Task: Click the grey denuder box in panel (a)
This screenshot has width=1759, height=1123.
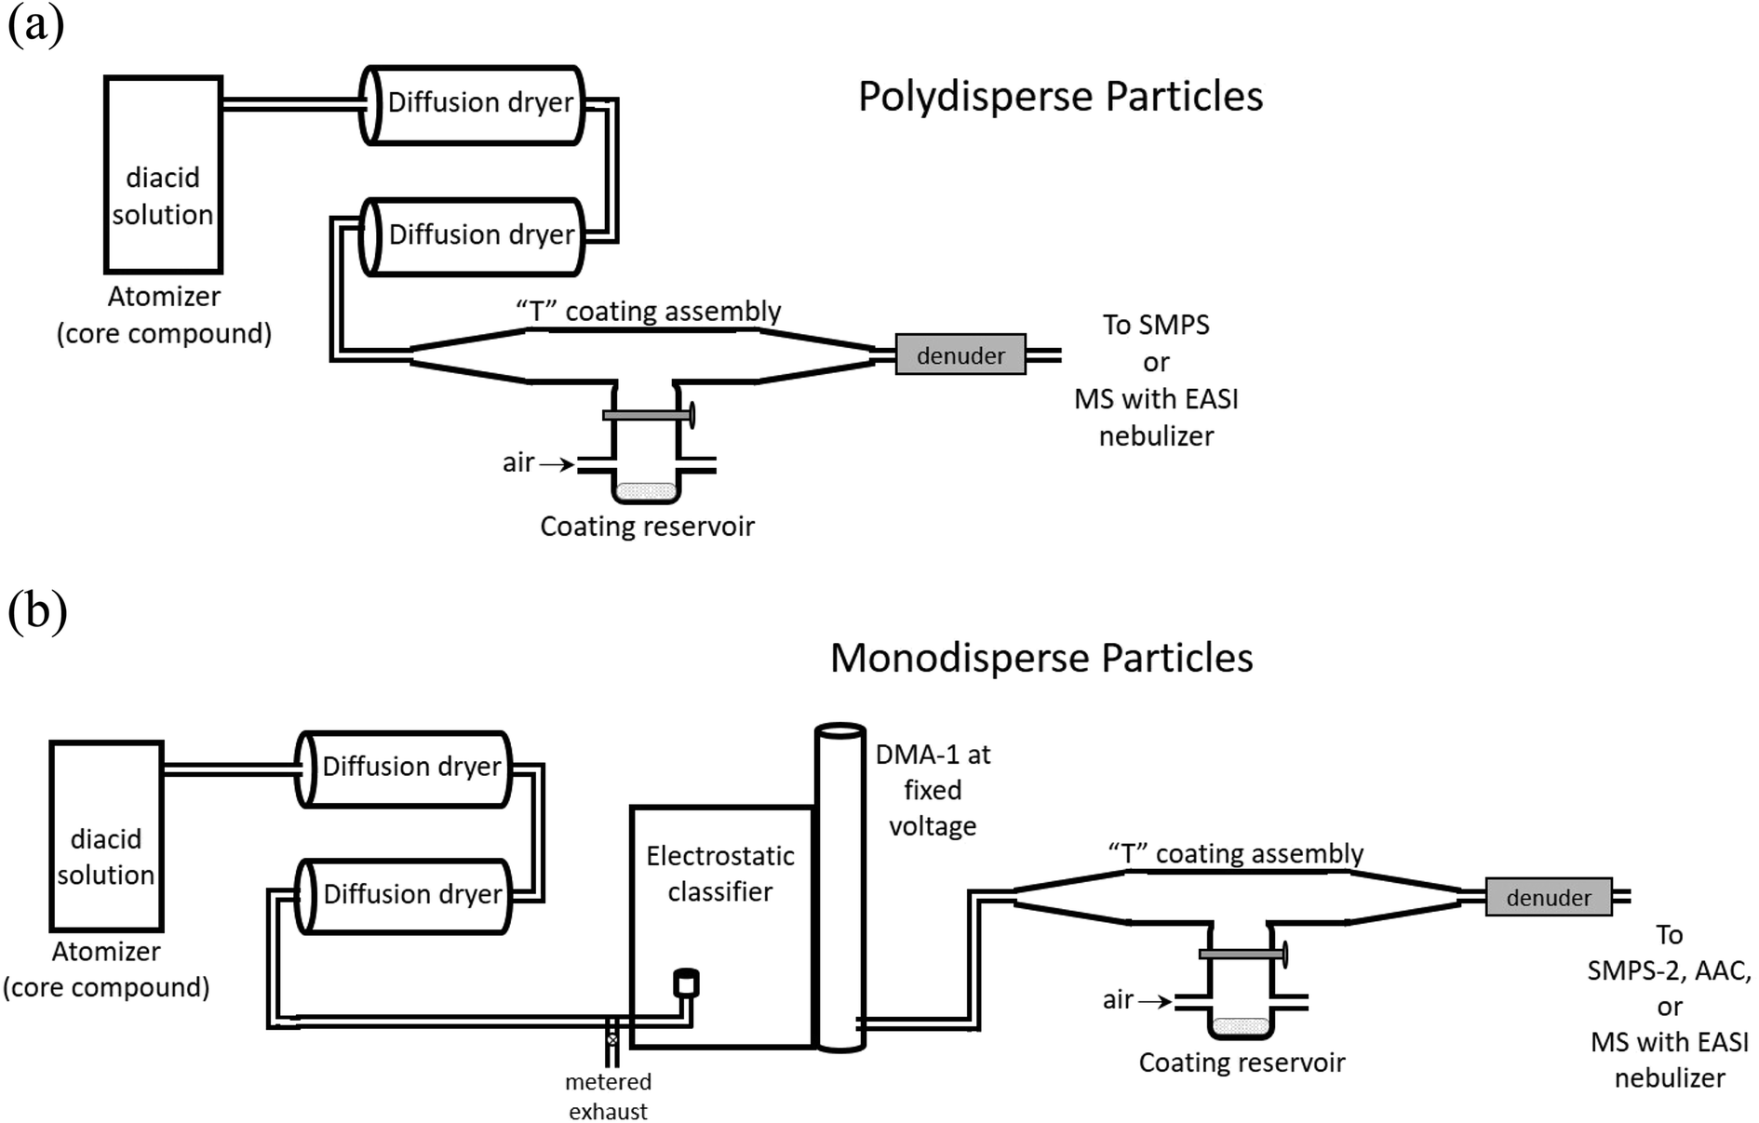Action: [x=960, y=354]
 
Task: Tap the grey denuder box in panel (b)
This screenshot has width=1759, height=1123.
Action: [x=1549, y=897]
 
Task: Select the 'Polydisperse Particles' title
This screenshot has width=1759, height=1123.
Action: [x=1060, y=97]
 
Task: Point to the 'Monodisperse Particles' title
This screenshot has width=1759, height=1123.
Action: [x=1041, y=658]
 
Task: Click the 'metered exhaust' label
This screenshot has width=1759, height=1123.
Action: [x=609, y=1096]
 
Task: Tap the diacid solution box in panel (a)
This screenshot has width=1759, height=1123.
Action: [x=163, y=175]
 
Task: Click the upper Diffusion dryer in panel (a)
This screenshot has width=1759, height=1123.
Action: [x=473, y=104]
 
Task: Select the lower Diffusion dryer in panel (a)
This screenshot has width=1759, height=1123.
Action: [x=473, y=235]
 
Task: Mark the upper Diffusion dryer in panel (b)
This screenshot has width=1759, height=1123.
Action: [x=404, y=769]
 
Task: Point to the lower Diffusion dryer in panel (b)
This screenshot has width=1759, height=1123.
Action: [x=404, y=895]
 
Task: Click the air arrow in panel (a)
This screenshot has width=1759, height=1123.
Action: [x=557, y=463]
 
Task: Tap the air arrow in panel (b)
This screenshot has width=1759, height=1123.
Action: [x=1155, y=1001]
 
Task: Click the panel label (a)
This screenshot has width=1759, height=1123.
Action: [x=35, y=25]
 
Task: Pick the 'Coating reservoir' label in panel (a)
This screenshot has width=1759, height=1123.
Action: [x=647, y=527]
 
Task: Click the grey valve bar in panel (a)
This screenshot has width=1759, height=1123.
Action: [x=648, y=415]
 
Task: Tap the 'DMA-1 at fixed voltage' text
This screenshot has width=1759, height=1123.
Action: [x=933, y=790]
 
